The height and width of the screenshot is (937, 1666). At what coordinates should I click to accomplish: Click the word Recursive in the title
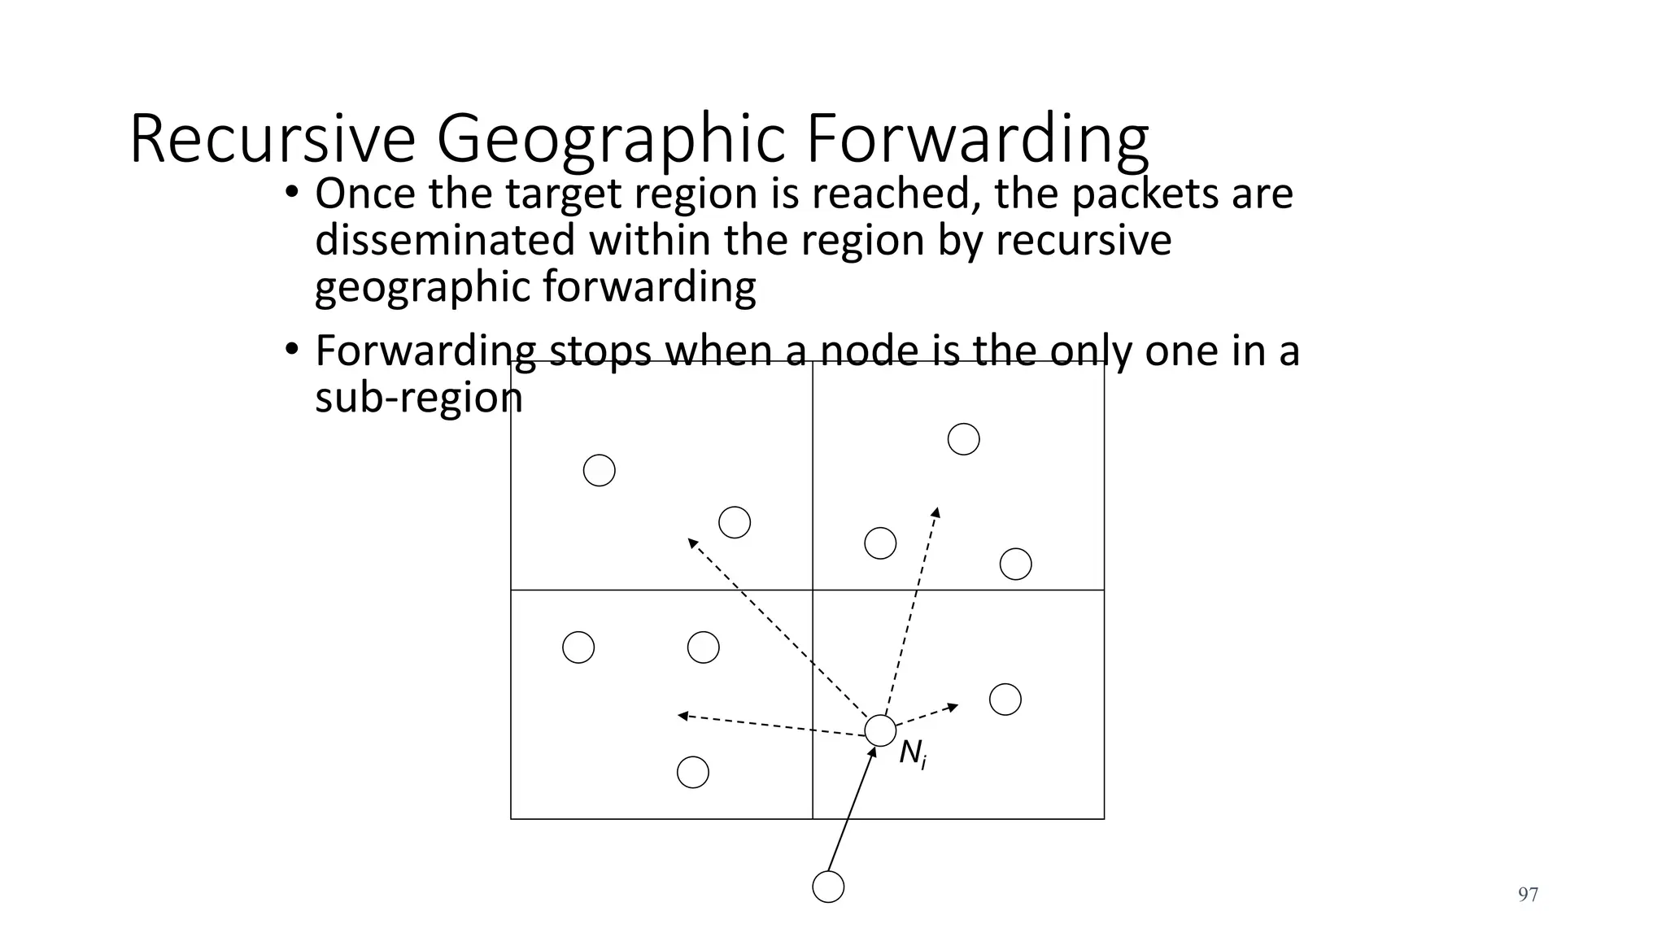pyautogui.click(x=272, y=140)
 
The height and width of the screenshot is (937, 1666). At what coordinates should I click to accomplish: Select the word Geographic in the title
pyautogui.click(x=612, y=140)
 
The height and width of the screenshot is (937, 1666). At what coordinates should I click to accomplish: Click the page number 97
pyautogui.click(x=1528, y=895)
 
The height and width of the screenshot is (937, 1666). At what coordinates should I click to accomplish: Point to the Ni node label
pyautogui.click(x=913, y=755)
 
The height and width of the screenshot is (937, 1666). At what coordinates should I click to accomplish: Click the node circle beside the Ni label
pyautogui.click(x=880, y=730)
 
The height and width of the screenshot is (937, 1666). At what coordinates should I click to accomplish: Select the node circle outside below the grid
pyautogui.click(x=828, y=887)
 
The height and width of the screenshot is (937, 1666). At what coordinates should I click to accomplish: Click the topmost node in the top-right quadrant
pyautogui.click(x=963, y=439)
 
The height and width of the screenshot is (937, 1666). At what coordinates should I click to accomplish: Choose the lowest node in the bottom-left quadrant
pyautogui.click(x=692, y=772)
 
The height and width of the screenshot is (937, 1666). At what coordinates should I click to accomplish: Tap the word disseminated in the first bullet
pyautogui.click(x=446, y=241)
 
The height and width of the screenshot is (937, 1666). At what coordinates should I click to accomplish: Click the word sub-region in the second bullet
pyautogui.click(x=418, y=398)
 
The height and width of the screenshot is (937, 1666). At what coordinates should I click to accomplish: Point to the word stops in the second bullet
pyautogui.click(x=600, y=351)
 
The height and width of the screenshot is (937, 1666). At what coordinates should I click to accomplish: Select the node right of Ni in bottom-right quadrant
pyautogui.click(x=1005, y=699)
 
